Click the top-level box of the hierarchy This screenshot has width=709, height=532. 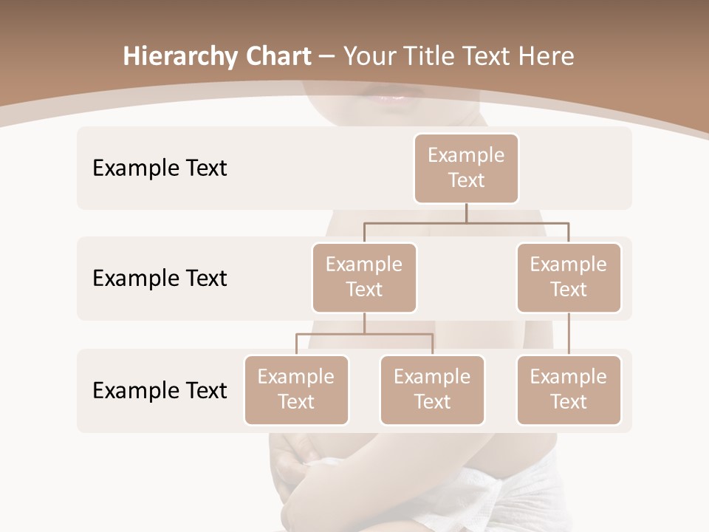pos(466,168)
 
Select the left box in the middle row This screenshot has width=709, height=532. pos(364,277)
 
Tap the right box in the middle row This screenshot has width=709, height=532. pos(569,277)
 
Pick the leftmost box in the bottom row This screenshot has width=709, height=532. pos(296,389)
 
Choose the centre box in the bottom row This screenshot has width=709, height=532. pos(432,389)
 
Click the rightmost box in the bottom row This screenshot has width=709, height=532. pos(569,389)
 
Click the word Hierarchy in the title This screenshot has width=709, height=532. pos(179,57)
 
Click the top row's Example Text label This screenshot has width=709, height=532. pos(160,168)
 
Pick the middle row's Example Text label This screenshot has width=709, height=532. pos(160,279)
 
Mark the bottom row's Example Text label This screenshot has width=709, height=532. pos(160,390)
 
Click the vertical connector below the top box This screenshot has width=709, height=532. pos(466,213)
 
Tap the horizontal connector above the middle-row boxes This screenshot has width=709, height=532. pos(466,222)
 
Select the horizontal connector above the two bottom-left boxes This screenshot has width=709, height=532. pos(364,334)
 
